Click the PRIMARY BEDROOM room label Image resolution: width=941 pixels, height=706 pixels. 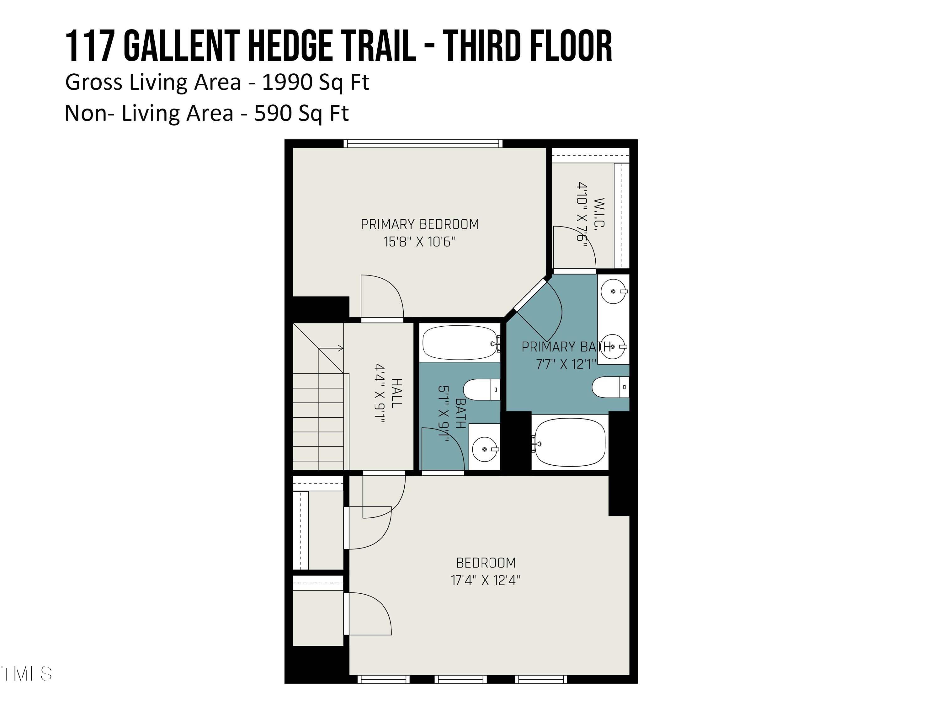[x=419, y=224]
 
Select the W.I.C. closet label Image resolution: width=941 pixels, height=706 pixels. [x=599, y=214]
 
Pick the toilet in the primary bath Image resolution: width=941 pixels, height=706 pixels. [x=609, y=387]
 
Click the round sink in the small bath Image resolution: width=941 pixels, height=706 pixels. [x=485, y=449]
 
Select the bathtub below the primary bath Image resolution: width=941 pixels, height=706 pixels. [x=570, y=442]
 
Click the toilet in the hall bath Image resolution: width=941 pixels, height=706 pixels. [x=481, y=390]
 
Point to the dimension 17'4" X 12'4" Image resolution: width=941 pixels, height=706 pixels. [x=485, y=580]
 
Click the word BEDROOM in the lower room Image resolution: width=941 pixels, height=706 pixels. [x=485, y=563]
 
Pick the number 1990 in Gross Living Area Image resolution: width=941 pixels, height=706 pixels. [x=287, y=82]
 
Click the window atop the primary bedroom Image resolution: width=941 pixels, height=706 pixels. [x=423, y=144]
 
